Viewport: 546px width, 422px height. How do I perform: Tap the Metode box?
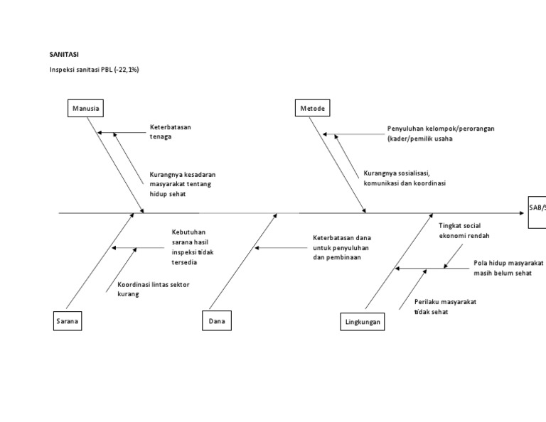[x=312, y=109]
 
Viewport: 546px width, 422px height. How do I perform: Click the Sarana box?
[x=66, y=322]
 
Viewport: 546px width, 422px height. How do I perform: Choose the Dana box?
[x=217, y=322]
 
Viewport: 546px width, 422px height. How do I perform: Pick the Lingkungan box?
[x=362, y=322]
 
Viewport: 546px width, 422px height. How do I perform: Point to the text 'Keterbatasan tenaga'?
[x=170, y=132]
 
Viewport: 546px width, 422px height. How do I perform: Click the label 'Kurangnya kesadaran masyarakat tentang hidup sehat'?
[x=183, y=183]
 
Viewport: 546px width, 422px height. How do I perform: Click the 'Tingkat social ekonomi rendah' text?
[x=464, y=230]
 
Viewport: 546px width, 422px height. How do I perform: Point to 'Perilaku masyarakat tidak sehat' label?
[x=445, y=306]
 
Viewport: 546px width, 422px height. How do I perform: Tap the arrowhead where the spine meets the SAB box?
[x=523, y=212]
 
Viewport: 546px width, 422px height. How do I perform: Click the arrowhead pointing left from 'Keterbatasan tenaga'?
[x=100, y=132]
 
